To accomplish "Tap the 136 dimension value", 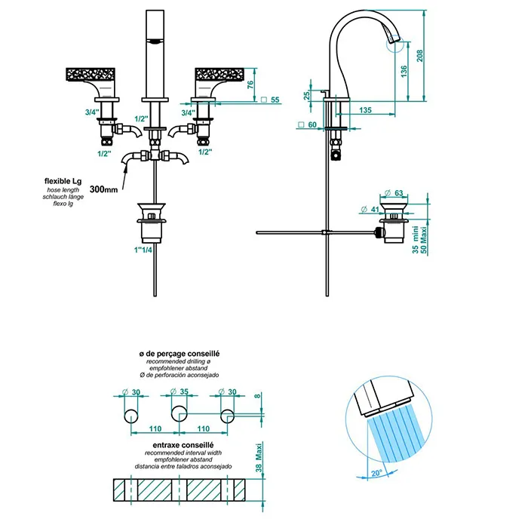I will click(x=406, y=72).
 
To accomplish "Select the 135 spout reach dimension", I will click(x=365, y=110).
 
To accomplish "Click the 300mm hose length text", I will click(x=103, y=190).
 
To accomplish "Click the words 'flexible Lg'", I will click(x=64, y=182).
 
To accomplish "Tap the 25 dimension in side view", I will click(x=308, y=97).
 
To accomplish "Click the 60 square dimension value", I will click(x=312, y=125).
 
